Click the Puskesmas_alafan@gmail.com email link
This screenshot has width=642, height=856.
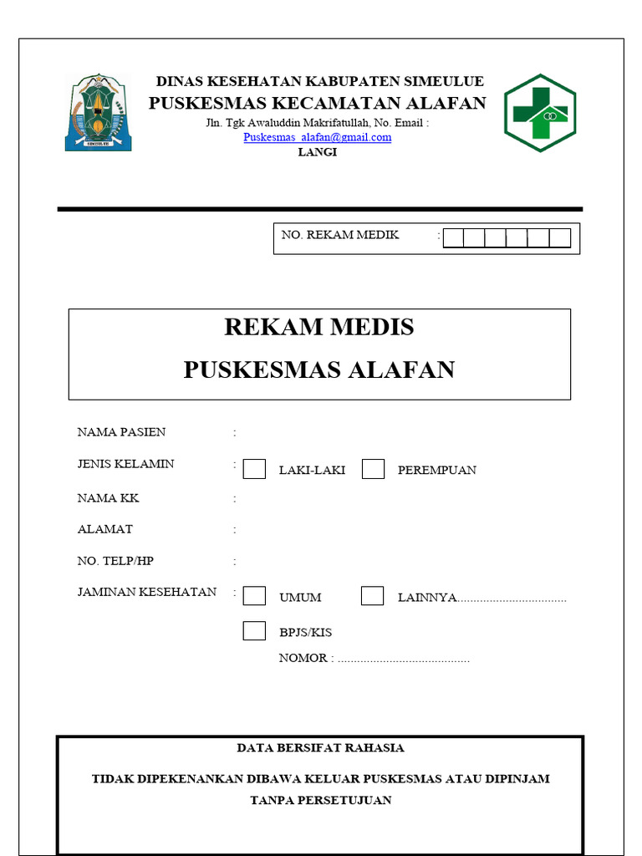coord(318,138)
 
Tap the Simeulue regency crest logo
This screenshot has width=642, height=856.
coord(98,112)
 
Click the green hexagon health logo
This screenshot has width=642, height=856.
coord(539,113)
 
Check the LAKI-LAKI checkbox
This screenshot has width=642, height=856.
coord(254,469)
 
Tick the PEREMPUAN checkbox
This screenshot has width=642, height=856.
coord(373,469)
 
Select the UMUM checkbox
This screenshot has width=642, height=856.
coord(254,596)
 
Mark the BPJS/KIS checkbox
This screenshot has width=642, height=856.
coord(254,631)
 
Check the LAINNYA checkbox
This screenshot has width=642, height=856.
coord(373,596)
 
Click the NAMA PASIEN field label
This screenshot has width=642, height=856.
coord(121,432)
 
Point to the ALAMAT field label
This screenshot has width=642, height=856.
coord(104,529)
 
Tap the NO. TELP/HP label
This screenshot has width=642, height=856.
coord(115,561)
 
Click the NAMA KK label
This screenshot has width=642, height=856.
coord(108,498)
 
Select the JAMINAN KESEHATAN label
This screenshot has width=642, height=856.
coord(146,592)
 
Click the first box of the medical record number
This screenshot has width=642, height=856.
coord(453,238)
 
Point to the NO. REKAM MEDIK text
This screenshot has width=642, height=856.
coord(340,235)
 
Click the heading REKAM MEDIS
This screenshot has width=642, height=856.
coord(318,327)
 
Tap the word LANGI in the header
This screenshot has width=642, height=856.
coord(318,152)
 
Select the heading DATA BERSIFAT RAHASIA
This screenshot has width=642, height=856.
coord(320,748)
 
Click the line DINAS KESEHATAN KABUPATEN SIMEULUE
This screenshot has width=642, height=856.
coord(319,82)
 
